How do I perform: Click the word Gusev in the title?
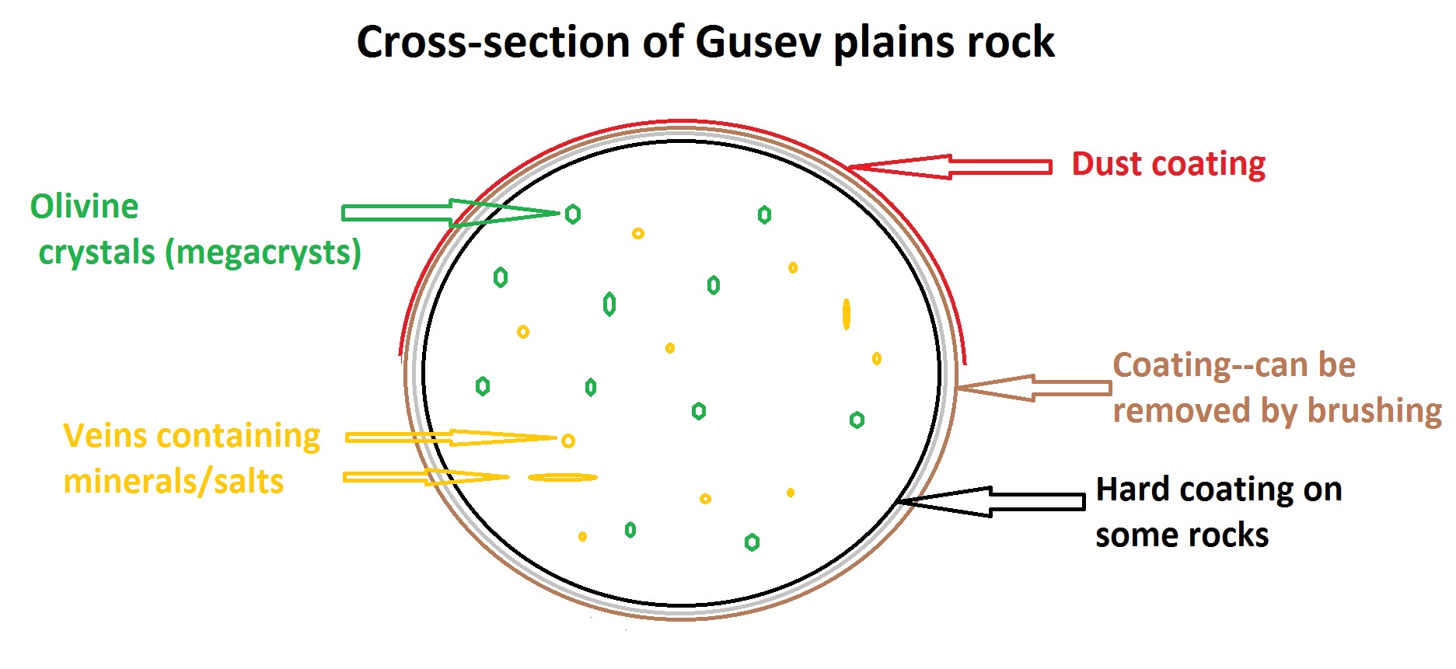tap(758, 42)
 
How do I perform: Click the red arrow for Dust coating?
tap(956, 166)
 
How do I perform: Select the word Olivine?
tap(84, 207)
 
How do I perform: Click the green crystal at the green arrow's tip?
tap(573, 214)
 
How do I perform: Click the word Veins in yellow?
tap(107, 436)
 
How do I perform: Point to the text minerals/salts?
tap(173, 482)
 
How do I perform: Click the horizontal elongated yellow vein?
tap(563, 477)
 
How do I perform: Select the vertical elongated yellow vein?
tap(847, 314)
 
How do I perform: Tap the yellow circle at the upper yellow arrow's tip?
tap(568, 441)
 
